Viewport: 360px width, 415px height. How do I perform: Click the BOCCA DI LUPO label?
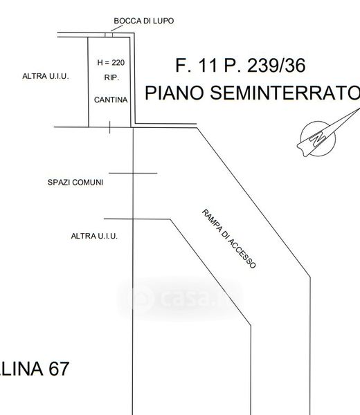[144, 21]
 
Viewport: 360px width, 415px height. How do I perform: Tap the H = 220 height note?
[111, 63]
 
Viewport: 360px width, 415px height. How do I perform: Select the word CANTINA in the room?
[111, 100]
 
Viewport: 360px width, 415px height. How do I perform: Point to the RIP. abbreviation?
[111, 77]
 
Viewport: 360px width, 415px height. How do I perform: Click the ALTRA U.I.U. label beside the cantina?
[46, 76]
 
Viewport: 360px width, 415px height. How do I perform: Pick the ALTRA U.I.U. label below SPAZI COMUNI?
[94, 236]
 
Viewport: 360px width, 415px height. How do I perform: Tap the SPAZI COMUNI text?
[75, 183]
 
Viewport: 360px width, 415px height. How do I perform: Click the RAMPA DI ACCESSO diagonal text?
[229, 239]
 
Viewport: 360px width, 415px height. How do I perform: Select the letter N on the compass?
[317, 139]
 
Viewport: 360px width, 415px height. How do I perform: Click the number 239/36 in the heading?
[276, 66]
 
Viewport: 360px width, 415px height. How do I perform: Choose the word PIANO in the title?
[174, 93]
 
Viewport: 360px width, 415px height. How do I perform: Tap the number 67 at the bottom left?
[59, 369]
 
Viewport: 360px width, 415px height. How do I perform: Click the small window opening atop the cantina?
[109, 35]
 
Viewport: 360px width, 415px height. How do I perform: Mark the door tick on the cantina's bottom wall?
[109, 127]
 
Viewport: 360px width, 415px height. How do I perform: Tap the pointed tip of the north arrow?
[359, 109]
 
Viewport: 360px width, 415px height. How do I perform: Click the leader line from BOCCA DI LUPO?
[117, 28]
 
